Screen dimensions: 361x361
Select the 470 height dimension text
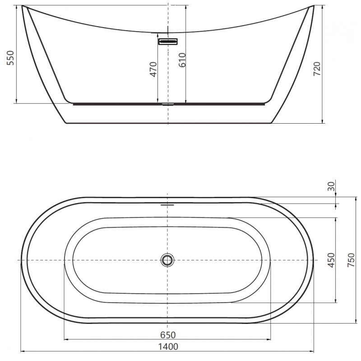[153, 69]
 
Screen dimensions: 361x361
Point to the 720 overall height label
[317, 68]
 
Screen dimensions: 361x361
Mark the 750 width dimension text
[351, 260]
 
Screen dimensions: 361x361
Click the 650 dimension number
[167, 335]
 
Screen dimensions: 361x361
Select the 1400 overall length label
[167, 347]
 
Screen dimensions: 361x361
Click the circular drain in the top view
[167, 260]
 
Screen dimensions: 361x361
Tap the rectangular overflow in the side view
[168, 42]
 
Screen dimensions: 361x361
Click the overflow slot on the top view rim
[167, 204]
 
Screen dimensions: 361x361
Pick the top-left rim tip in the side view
[23, 7]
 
